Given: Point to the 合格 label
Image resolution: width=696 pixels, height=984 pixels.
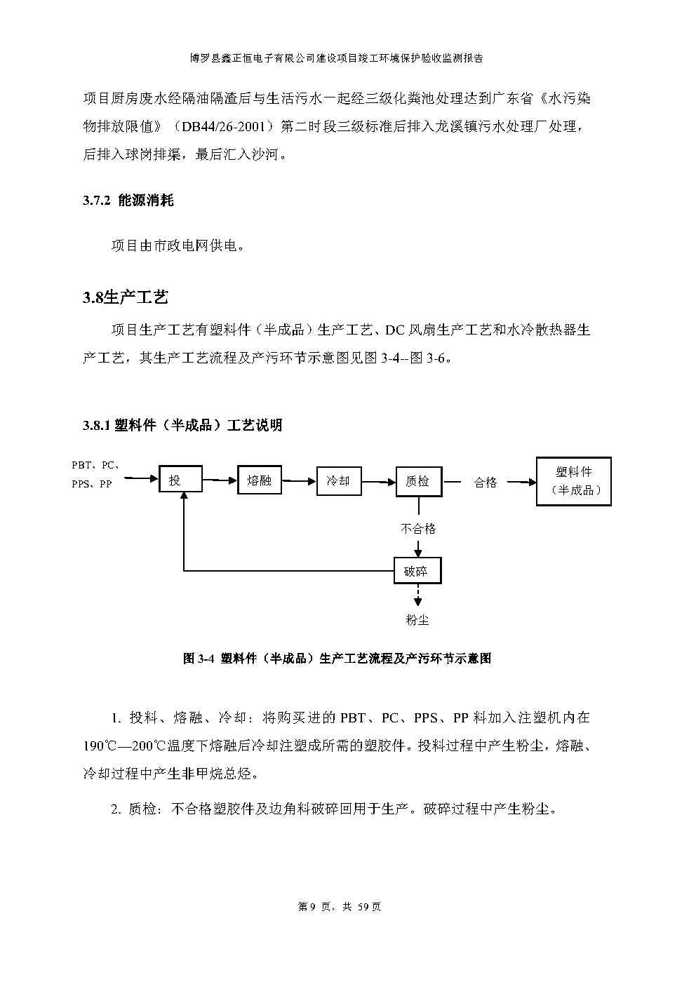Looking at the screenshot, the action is pyautogui.click(x=485, y=483).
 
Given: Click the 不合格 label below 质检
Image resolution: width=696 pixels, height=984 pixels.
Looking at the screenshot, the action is pyautogui.click(x=418, y=528).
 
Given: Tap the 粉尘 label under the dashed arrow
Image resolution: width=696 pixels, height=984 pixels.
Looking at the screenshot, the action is pyautogui.click(x=417, y=620).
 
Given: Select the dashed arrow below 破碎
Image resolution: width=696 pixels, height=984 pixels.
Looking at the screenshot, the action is pyautogui.click(x=418, y=595).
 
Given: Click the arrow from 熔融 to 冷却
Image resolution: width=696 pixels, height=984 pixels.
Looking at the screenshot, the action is pyautogui.click(x=299, y=481).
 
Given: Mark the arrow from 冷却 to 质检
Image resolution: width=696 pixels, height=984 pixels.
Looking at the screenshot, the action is pyautogui.click(x=379, y=482).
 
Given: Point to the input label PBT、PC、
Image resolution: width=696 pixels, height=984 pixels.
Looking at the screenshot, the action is pyautogui.click(x=96, y=465).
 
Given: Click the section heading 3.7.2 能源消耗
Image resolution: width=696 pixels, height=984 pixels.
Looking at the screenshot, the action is pyautogui.click(x=128, y=201).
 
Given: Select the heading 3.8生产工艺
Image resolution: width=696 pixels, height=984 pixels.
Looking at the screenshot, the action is pyautogui.click(x=126, y=297).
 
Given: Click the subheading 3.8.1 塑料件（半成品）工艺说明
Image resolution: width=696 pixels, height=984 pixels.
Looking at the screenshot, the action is pyautogui.click(x=182, y=425).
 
